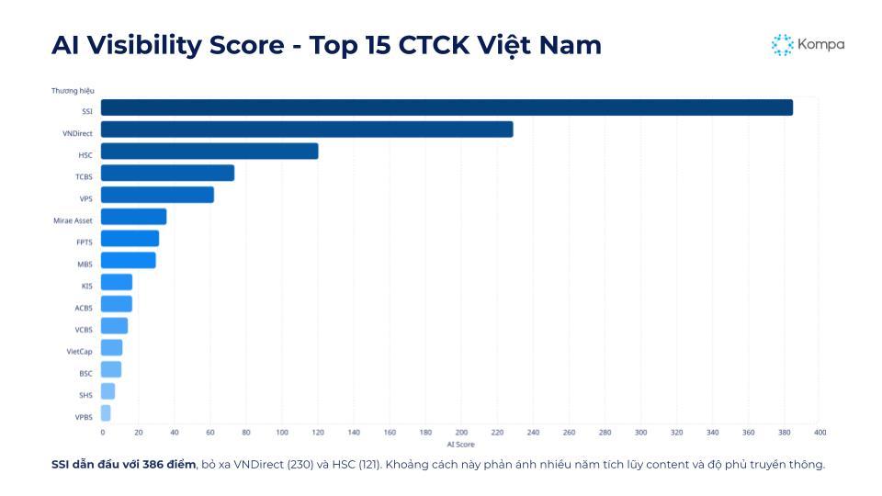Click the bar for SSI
coord(447,107)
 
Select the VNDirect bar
coord(307,130)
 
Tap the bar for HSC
coord(209,152)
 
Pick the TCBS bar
coord(167,173)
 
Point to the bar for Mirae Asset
coord(133,217)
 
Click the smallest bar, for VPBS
coord(106,413)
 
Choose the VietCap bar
coord(111,347)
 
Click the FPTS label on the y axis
coord(84,242)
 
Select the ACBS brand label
coord(84,308)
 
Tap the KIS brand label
coord(86,286)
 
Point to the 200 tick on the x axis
coord(461,432)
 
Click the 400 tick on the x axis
coord(820,432)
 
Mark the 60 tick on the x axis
coord(210,432)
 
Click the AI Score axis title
coord(460,444)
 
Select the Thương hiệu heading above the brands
coord(73,90)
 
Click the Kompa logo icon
coord(782,45)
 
